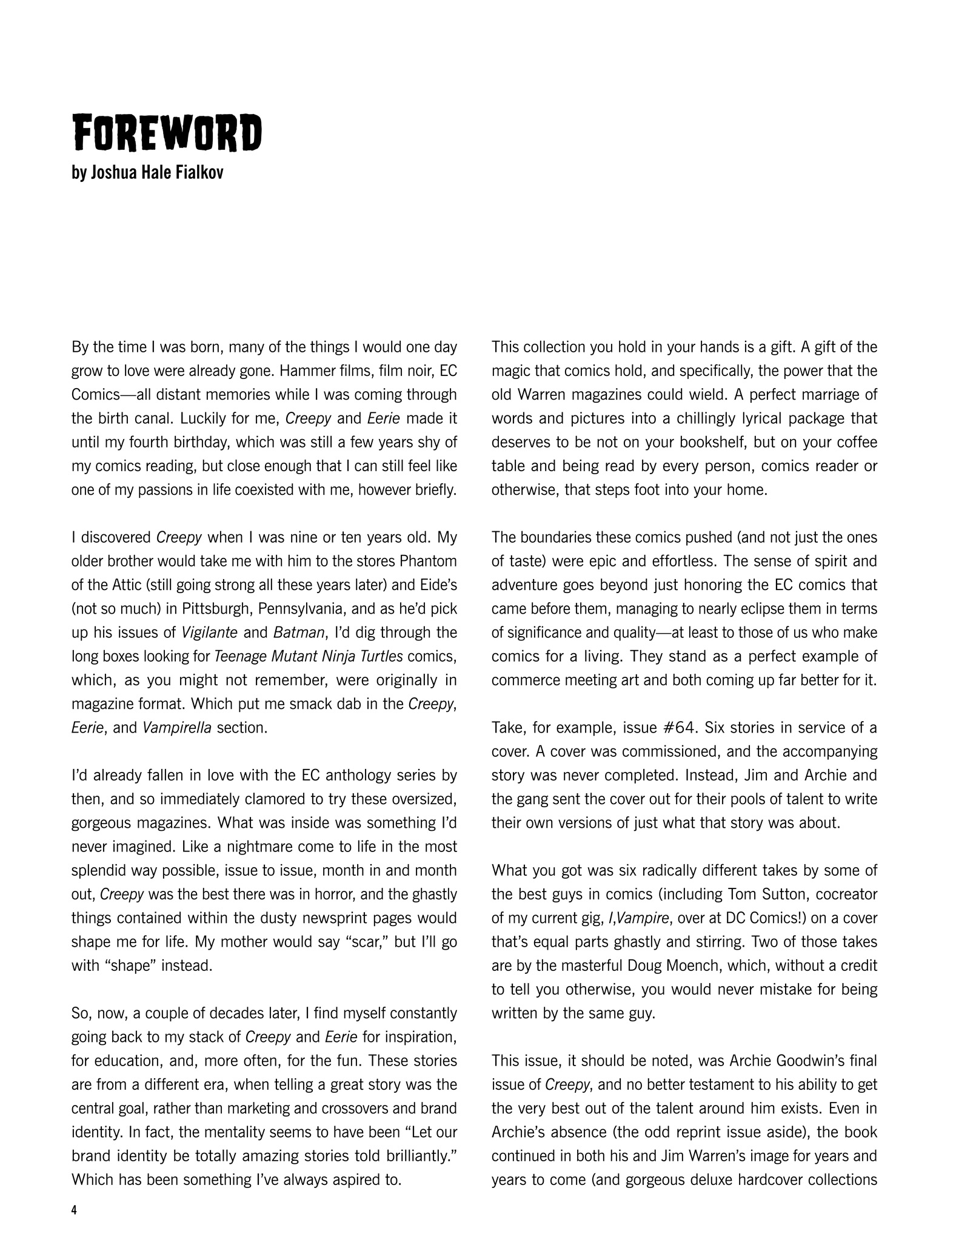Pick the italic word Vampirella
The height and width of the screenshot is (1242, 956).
click(177, 728)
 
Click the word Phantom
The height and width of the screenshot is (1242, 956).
click(428, 561)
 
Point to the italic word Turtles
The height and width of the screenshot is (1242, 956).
click(379, 656)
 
